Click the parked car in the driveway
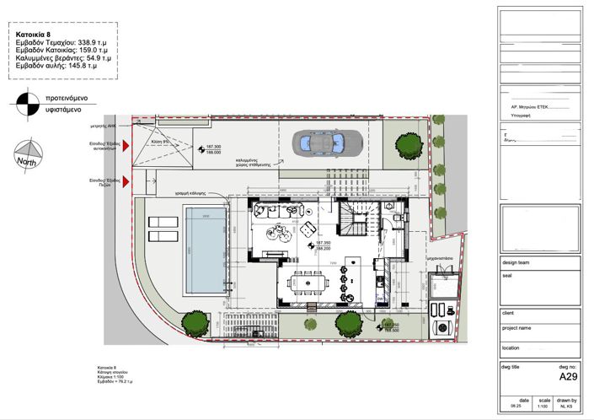click(329, 143)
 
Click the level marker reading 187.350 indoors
click(323, 243)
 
